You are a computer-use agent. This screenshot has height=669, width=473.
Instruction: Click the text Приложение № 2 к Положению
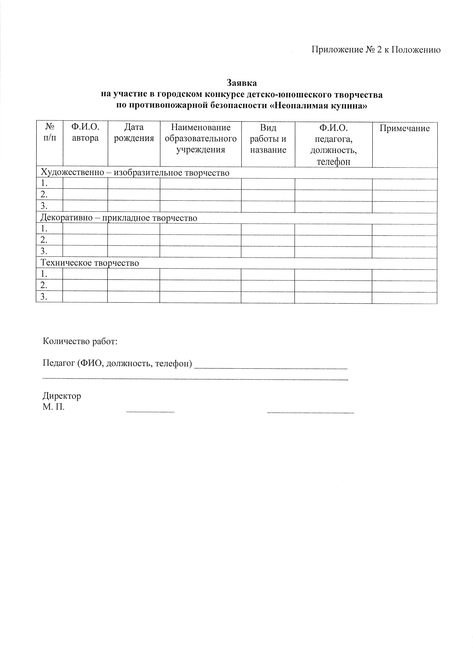[376, 50]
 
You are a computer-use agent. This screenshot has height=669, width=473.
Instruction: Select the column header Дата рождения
[134, 133]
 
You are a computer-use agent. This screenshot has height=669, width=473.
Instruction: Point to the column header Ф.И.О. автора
[85, 132]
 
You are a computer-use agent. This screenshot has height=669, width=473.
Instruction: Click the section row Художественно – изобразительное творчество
[135, 173]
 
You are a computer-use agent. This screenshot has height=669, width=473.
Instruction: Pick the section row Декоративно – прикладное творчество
[119, 218]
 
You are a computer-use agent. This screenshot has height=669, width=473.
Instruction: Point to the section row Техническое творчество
[90, 263]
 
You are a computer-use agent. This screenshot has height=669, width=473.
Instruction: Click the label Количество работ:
[80, 341]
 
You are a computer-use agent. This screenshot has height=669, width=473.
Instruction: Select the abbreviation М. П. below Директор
[53, 407]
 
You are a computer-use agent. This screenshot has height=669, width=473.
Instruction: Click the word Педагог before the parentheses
[59, 364]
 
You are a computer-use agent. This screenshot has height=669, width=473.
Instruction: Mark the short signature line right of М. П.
[150, 412]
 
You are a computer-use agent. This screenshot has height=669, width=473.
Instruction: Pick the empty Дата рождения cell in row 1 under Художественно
[134, 184]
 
